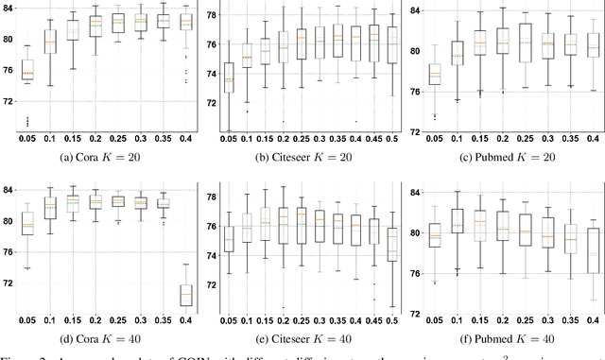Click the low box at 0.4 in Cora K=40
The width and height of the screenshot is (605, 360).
tap(186, 295)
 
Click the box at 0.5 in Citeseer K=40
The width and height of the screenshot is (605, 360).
tap(392, 248)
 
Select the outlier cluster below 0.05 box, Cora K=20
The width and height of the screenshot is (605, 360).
tap(26, 121)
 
